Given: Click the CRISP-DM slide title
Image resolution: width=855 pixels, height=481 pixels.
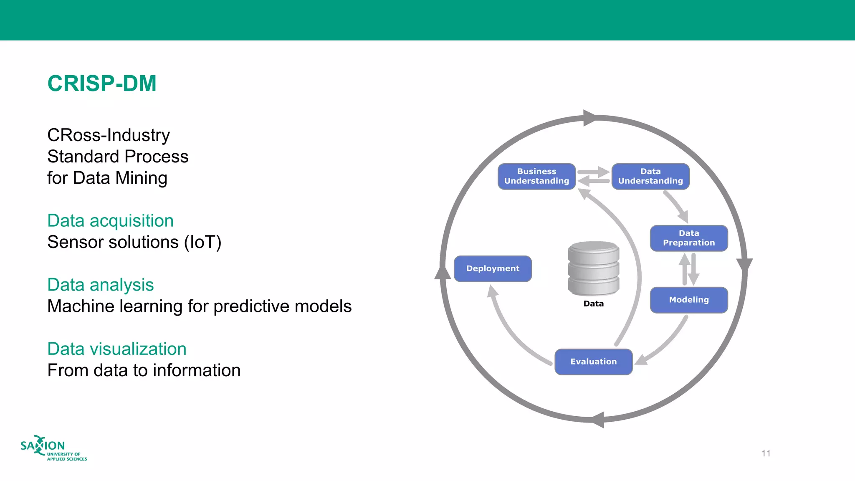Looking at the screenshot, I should click(102, 84).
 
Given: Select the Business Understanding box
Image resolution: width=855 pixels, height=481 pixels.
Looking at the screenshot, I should click(536, 176).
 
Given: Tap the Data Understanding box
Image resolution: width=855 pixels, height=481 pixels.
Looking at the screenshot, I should click(650, 176).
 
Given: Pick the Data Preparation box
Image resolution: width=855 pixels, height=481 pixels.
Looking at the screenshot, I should click(689, 238).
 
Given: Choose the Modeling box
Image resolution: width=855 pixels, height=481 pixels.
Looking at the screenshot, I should click(689, 300).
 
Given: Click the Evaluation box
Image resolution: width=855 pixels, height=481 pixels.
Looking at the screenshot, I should click(593, 362).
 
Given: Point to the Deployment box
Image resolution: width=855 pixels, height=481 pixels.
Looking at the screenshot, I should click(493, 268).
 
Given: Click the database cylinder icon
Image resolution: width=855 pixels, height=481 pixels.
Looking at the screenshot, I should click(593, 268).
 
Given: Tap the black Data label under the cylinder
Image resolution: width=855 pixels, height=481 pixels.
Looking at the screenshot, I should click(593, 304).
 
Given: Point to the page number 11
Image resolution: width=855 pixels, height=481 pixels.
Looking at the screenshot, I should click(766, 453).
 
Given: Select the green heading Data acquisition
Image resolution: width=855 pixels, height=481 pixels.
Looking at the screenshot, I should click(110, 220).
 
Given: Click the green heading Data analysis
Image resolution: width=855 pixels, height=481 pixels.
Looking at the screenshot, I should click(100, 285).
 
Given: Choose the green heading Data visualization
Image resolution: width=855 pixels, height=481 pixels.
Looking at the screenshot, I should click(117, 349).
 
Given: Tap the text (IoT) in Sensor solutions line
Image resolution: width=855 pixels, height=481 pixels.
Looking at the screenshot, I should click(202, 242).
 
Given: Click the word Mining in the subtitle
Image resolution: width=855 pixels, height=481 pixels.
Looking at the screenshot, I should click(141, 178).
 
